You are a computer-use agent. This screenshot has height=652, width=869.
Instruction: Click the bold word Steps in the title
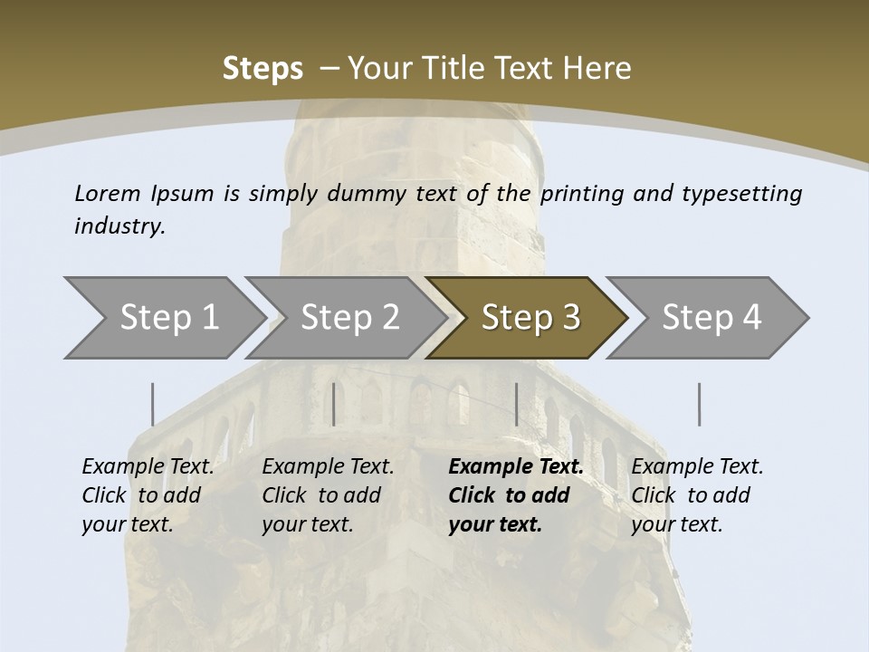pyautogui.click(x=263, y=68)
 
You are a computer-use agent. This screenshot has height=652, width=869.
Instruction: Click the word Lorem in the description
pyautogui.click(x=108, y=193)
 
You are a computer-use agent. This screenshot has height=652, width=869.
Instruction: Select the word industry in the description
pyautogui.click(x=119, y=226)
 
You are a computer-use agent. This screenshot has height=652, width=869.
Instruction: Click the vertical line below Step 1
pyautogui.click(x=153, y=404)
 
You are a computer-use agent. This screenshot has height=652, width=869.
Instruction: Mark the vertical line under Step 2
pyautogui.click(x=334, y=404)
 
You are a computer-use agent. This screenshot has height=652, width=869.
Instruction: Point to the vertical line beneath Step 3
pyautogui.click(x=516, y=404)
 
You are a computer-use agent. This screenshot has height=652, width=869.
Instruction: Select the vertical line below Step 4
pyautogui.click(x=699, y=404)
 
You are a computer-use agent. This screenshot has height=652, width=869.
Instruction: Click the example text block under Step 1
pyautogui.click(x=148, y=495)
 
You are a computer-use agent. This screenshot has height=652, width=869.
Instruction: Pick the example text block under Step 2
pyautogui.click(x=328, y=495)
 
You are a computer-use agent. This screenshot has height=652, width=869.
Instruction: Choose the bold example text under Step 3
pyautogui.click(x=516, y=495)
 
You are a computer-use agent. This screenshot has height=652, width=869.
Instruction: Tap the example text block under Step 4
pyautogui.click(x=697, y=495)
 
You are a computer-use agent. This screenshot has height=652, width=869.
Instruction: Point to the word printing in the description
pyautogui.click(x=582, y=193)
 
